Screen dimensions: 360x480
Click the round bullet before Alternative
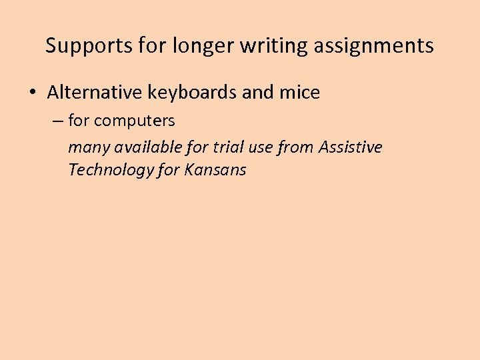33,93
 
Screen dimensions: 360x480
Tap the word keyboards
191,93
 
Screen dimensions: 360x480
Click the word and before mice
258,93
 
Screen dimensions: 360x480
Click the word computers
135,121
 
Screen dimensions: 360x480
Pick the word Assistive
351,147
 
